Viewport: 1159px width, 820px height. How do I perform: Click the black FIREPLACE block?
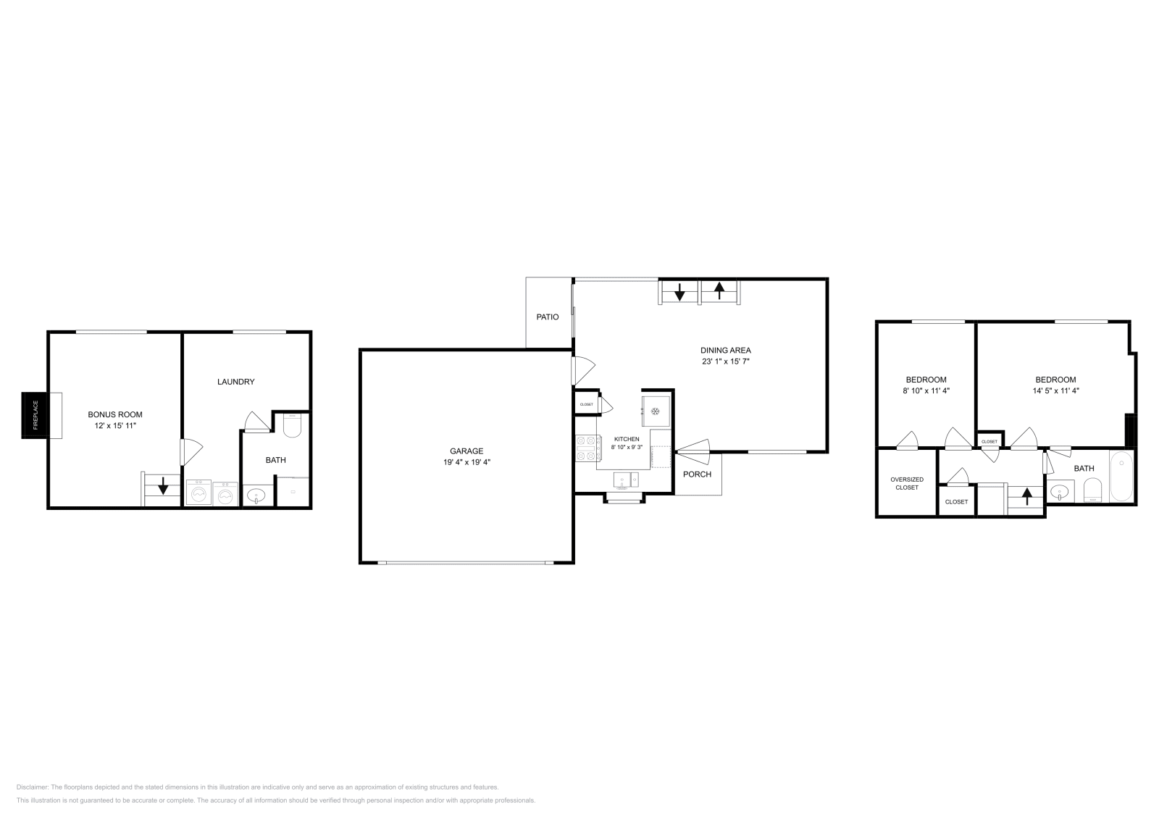(33, 415)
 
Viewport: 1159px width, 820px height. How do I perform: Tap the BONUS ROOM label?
(115, 414)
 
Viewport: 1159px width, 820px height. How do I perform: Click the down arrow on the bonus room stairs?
(163, 485)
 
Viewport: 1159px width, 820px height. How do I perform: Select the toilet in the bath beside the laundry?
(292, 427)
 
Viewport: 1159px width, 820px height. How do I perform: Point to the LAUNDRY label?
(236, 382)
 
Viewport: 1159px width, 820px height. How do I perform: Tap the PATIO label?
(548, 317)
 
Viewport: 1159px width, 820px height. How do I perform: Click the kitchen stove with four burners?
(586, 448)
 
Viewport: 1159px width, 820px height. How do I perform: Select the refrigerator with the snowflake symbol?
(656, 411)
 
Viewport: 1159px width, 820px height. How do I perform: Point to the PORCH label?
(698, 474)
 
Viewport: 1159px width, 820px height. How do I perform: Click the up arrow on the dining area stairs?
(719, 290)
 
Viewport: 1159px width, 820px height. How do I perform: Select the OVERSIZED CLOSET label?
(907, 483)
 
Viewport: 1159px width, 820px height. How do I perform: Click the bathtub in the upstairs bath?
(1121, 477)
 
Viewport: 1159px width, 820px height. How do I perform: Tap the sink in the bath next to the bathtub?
(1060, 493)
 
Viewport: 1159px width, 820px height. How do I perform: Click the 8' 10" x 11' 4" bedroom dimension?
(926, 390)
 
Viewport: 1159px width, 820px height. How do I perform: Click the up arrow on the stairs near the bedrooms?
(1026, 496)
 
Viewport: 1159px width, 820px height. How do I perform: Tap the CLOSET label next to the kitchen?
(586, 404)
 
